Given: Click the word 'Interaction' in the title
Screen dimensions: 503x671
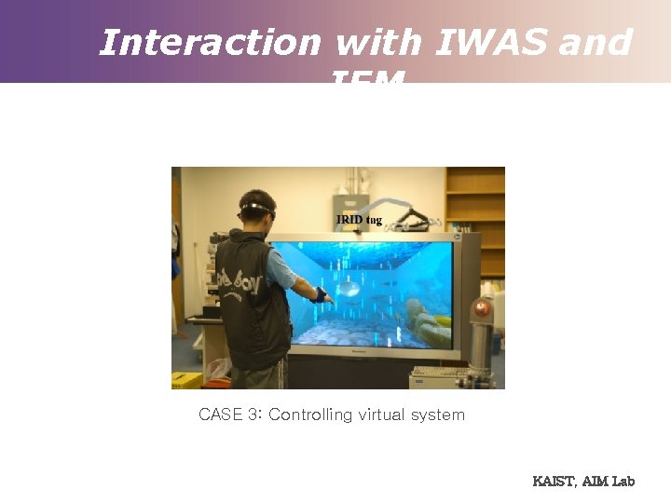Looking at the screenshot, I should tap(210, 43).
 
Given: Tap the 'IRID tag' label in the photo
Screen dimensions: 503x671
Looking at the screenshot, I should tap(359, 220).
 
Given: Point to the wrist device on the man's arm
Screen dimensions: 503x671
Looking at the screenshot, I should tap(321, 295).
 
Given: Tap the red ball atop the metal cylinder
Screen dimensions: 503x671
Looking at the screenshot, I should tap(483, 308).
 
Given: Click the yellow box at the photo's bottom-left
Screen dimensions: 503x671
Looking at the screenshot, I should tap(185, 380).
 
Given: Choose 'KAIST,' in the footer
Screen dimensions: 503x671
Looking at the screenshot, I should tap(555, 481).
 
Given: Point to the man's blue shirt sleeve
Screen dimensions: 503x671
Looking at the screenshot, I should tap(281, 269).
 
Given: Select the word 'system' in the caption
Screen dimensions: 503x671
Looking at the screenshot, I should tap(440, 415).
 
